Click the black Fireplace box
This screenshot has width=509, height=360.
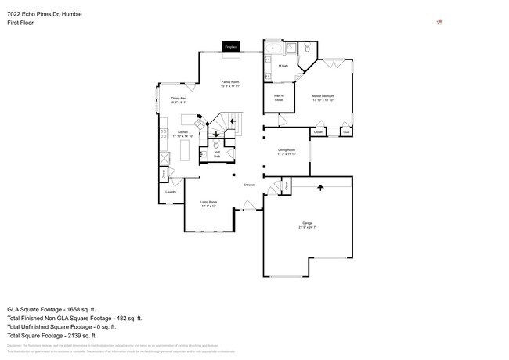(231, 47)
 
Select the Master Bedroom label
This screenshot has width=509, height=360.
(323, 98)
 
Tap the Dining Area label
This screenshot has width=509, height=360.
(179, 99)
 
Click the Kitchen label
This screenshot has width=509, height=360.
(182, 134)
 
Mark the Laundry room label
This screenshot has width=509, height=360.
(170, 192)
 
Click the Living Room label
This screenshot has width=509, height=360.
(208, 204)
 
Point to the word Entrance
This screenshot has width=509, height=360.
(249, 185)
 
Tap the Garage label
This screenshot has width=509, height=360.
(308, 225)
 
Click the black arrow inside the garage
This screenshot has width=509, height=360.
(319, 188)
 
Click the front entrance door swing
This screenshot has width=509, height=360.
(249, 207)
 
